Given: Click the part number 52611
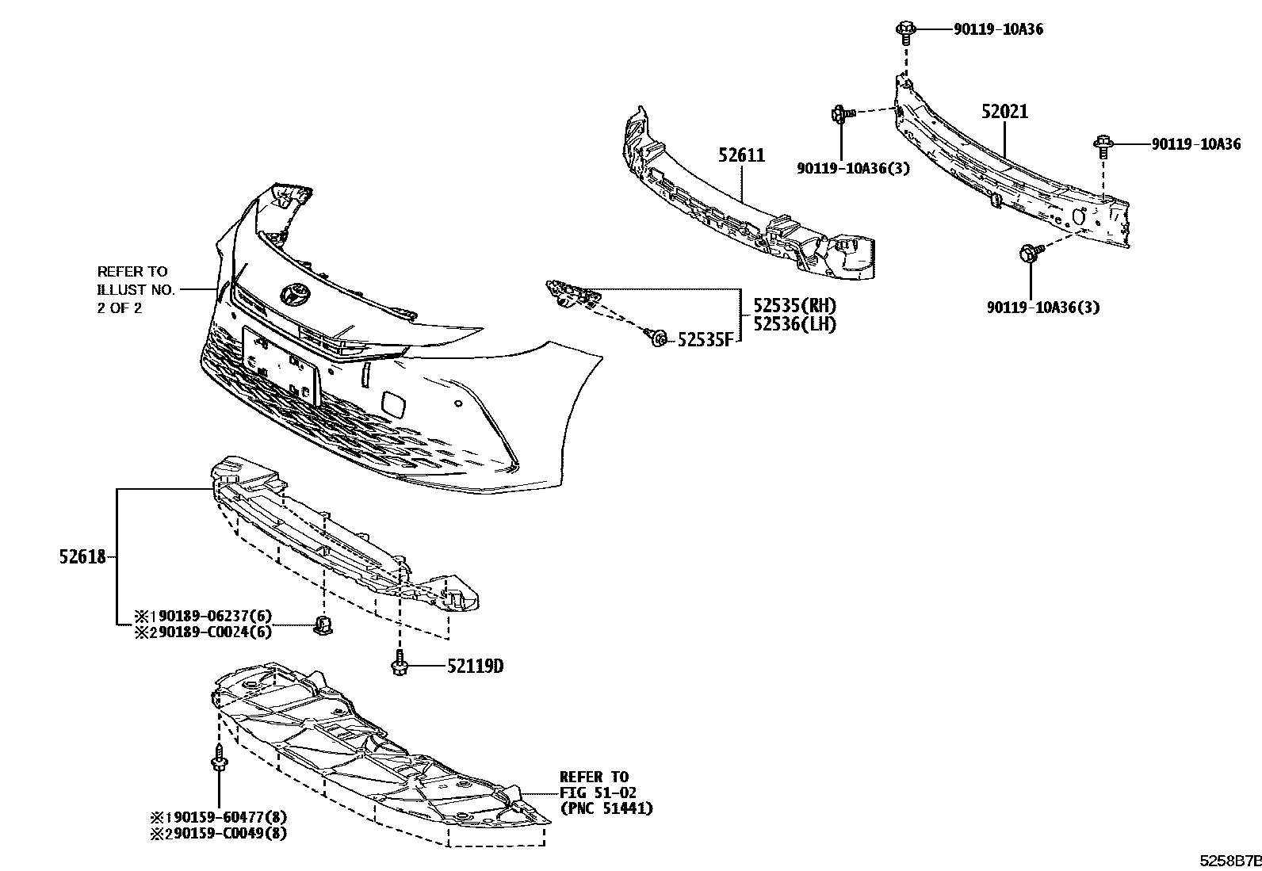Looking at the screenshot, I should [x=742, y=155].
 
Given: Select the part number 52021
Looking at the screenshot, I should [x=1004, y=112].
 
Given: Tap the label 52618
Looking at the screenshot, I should [x=82, y=557].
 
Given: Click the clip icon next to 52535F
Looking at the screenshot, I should [x=656, y=338].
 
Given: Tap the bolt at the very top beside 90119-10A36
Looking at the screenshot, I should [x=905, y=30].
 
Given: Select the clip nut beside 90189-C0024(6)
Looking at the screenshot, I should [x=323, y=625].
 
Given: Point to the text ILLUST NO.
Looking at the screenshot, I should [x=136, y=290].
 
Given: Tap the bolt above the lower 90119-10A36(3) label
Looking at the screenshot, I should [x=1028, y=255].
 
